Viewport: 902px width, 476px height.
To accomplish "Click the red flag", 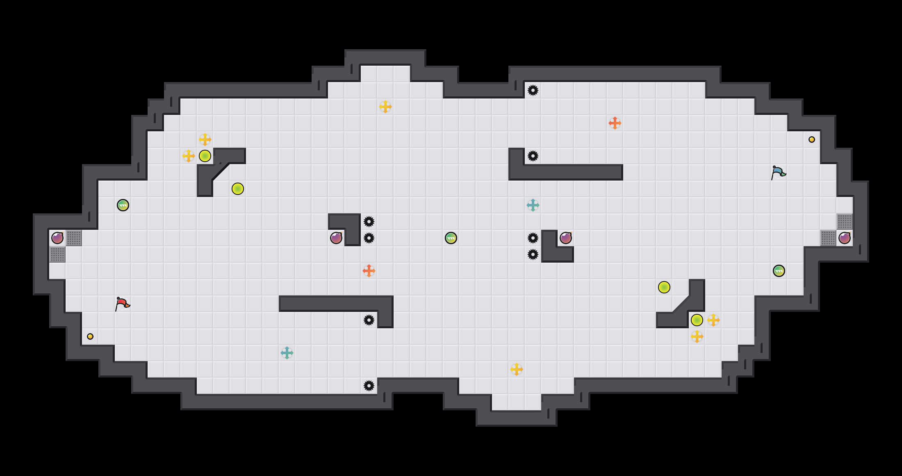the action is [x=122, y=304].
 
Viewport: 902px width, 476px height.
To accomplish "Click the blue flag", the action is [x=778, y=172].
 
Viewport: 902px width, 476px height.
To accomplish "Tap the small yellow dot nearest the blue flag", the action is [x=812, y=140].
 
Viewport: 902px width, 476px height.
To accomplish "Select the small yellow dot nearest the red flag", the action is [x=90, y=336].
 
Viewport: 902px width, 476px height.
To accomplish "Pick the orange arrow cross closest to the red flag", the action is [x=369, y=271].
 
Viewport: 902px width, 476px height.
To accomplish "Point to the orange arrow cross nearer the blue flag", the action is [x=615, y=123].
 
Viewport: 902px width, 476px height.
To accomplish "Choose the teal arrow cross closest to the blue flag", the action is [x=533, y=205].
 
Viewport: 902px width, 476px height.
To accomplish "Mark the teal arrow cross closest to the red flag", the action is [x=287, y=353].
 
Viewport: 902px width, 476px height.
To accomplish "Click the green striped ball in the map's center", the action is [x=451, y=238].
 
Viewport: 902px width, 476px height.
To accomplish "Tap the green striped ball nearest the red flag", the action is [x=123, y=205].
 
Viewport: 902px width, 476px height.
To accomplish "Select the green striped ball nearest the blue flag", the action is [x=779, y=271].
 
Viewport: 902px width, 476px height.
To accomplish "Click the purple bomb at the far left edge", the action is [x=57, y=238].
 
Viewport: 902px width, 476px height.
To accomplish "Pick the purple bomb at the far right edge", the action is [x=845, y=238].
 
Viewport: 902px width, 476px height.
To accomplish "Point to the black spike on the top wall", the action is [x=533, y=90].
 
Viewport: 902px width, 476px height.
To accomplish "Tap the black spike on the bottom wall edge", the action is [x=369, y=386].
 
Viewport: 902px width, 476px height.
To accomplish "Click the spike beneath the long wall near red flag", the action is [x=369, y=320].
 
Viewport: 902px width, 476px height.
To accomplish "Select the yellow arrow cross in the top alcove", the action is [x=385, y=107].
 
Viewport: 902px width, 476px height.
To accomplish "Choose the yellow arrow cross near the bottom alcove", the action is [x=517, y=369].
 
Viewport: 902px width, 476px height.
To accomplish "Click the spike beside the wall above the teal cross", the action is [x=533, y=156].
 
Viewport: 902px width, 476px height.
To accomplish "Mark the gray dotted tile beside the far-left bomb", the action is [x=74, y=238].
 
